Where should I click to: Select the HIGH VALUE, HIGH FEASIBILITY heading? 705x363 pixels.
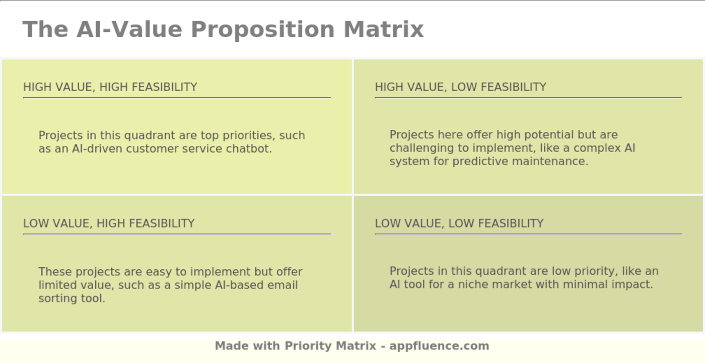[x=110, y=87]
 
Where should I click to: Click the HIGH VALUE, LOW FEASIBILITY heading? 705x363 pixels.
[x=460, y=87]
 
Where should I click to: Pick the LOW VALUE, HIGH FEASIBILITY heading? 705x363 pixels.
[x=109, y=224]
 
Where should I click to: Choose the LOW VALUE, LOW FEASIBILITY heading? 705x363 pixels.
[x=459, y=224]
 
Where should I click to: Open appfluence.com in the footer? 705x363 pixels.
[x=439, y=346]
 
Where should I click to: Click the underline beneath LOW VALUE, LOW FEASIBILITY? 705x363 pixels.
[x=528, y=234]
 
